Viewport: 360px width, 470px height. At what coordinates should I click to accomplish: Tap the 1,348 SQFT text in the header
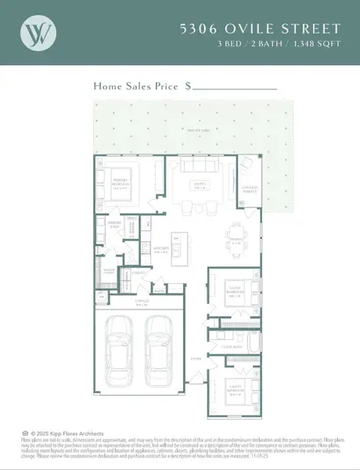coord(320,43)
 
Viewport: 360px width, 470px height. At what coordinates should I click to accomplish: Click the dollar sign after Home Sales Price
coord(189,86)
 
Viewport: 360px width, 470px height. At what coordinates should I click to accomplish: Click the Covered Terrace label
coord(250,189)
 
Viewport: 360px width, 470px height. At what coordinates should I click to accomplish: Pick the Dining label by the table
coord(234,240)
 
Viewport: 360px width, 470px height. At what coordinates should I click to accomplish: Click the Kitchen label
coord(162,250)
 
